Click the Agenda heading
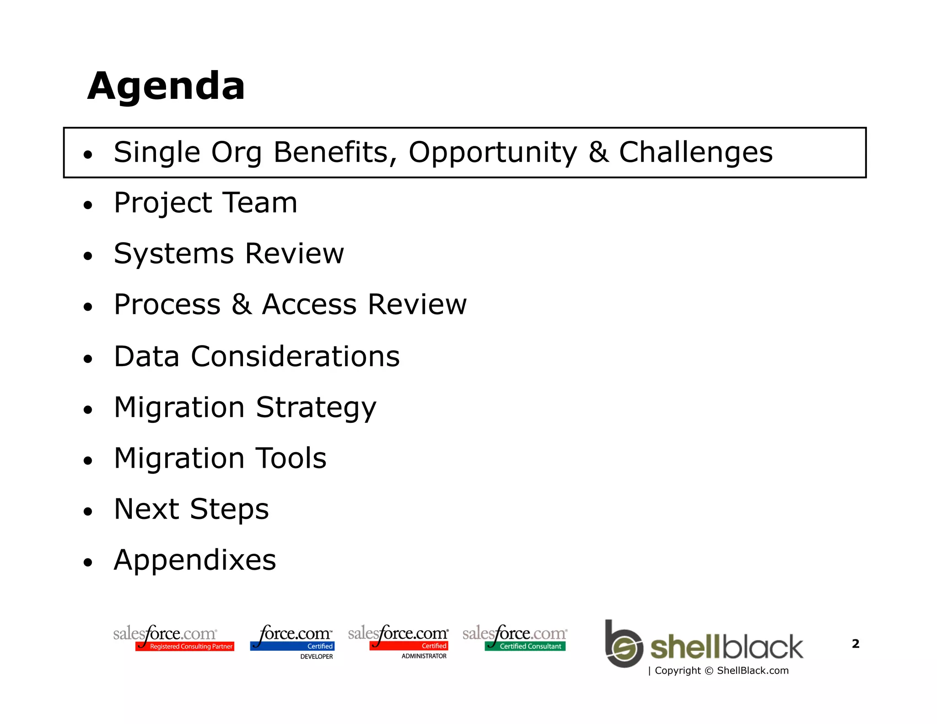pyautogui.click(x=166, y=86)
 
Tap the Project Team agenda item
pyautogui.click(x=205, y=203)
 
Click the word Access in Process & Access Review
pyautogui.click(x=309, y=304)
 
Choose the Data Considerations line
pyautogui.click(x=256, y=356)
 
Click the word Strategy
pyautogui.click(x=316, y=407)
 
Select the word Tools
pyautogui.click(x=291, y=458)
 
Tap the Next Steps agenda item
pyautogui.click(x=191, y=509)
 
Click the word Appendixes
pyautogui.click(x=195, y=560)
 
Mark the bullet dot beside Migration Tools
pyautogui.click(x=88, y=460)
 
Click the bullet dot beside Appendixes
pyautogui.click(x=88, y=562)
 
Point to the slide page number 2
pyautogui.click(x=856, y=644)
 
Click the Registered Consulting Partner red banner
pyautogui.click(x=185, y=646)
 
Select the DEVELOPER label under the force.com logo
pyautogui.click(x=316, y=656)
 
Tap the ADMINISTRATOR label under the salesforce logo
pyautogui.click(x=424, y=656)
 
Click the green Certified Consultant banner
pyautogui.click(x=525, y=646)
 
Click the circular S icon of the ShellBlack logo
pyautogui.click(x=625, y=648)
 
